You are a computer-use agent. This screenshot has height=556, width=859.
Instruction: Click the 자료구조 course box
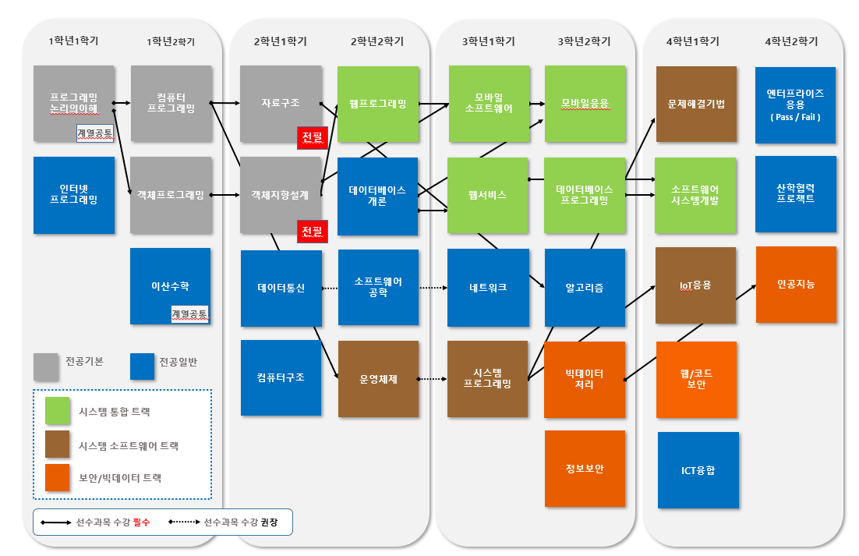[x=281, y=104]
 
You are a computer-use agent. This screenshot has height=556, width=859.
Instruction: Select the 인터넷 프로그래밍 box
[x=74, y=195]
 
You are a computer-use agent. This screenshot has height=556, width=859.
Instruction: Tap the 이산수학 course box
[x=171, y=286]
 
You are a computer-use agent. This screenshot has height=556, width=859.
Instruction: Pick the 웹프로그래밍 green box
[x=378, y=104]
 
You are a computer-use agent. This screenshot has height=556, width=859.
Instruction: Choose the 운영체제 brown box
[x=379, y=379]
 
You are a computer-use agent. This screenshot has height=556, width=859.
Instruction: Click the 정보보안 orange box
[x=585, y=469]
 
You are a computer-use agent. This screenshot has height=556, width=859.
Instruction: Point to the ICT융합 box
[x=698, y=470]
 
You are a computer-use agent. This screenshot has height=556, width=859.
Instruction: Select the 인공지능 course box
[x=796, y=285]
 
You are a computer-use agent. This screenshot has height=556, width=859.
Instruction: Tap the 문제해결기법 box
[x=696, y=104]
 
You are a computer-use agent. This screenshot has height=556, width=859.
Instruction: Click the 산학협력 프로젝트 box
[x=796, y=194]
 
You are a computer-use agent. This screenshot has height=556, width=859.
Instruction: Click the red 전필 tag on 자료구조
[x=313, y=137]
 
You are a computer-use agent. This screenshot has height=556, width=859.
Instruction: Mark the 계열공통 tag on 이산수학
[x=189, y=314]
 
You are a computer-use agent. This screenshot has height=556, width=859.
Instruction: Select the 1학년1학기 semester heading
[x=73, y=41]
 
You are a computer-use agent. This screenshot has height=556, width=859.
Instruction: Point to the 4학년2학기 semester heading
[x=791, y=41]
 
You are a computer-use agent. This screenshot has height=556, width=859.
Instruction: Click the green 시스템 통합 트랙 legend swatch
[x=58, y=411]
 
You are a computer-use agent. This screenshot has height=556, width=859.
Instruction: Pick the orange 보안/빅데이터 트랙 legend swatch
[x=58, y=478]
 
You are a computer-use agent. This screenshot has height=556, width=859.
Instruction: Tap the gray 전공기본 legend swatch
[x=46, y=367]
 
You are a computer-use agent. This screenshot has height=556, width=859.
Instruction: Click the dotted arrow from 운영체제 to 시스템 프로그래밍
[x=433, y=379]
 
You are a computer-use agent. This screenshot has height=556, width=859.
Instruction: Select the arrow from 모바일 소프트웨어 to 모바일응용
[x=537, y=104]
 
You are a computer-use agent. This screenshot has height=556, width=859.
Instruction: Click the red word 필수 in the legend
[x=141, y=522]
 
